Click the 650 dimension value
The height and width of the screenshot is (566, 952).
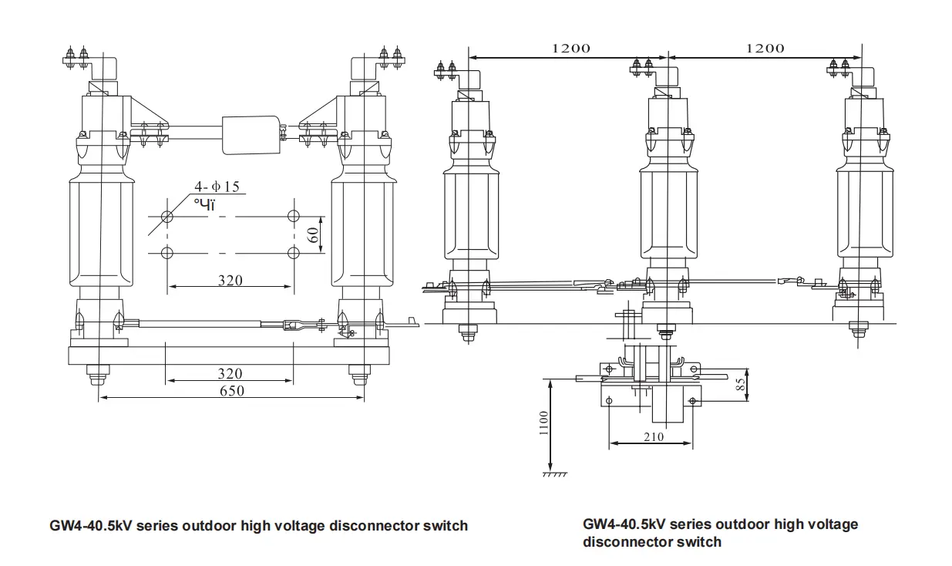click(230, 391)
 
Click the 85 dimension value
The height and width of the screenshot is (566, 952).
click(741, 385)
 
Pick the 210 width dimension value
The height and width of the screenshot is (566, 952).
click(651, 437)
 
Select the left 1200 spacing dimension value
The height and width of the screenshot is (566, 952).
click(571, 48)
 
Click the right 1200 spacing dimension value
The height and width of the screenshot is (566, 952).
click(765, 48)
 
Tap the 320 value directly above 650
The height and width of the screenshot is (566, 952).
click(230, 373)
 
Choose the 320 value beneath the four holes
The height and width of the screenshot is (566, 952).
click(230, 280)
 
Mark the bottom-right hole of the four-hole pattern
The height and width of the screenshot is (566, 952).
click(293, 252)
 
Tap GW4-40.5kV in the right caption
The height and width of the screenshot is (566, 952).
click(624, 524)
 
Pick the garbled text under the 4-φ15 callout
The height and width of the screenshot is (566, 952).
click(204, 204)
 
